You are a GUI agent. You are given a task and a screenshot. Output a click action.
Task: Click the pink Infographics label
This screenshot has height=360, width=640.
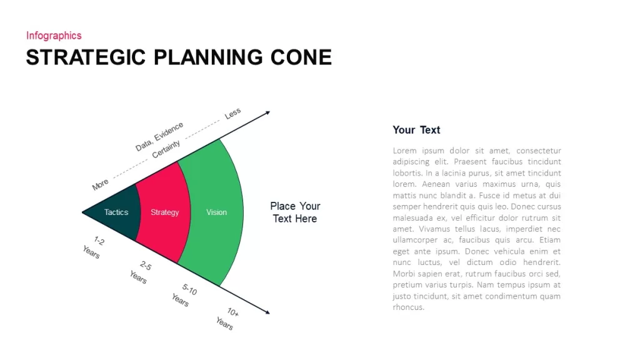pos(54,36)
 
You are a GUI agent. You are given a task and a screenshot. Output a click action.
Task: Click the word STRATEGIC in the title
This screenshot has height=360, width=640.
pos(86,57)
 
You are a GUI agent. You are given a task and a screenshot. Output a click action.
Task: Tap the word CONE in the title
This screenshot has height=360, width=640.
pos(301,57)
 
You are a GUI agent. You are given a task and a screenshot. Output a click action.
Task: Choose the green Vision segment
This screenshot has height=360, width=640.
pos(216,212)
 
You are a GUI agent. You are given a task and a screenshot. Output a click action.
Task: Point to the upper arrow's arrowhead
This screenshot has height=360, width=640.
pos(267,112)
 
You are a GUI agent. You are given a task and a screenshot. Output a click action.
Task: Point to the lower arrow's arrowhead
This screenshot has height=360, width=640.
pos(267,312)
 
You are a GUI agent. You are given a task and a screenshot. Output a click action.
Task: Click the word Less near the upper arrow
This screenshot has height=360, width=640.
pos(232,114)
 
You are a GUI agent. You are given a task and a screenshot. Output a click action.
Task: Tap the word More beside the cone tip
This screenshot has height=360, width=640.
pos(100,184)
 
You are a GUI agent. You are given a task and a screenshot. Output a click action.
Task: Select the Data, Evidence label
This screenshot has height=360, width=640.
pos(159,136)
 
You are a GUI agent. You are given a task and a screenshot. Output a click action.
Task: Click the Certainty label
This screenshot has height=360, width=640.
pos(166,149)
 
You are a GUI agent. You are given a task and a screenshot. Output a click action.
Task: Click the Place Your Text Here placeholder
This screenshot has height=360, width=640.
pos(295,212)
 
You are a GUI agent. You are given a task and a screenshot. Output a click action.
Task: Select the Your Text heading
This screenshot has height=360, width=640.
pos(416,130)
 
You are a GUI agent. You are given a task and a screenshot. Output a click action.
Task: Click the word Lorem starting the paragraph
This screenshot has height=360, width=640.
pos(405,151)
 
